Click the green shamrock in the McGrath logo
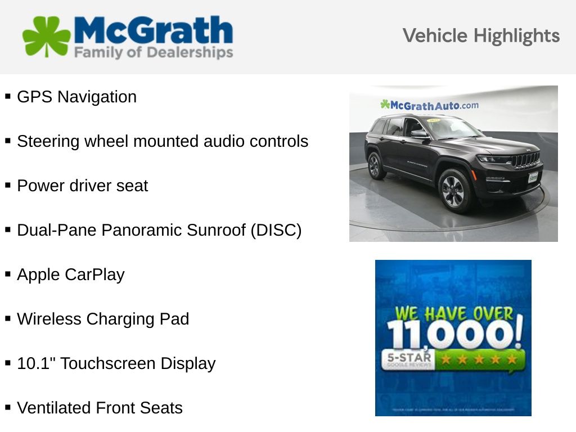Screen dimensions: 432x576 pyautogui.click(x=46, y=37)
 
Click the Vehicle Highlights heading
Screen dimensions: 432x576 pyautogui.click(x=481, y=36)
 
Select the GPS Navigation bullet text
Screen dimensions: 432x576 pyautogui.click(x=76, y=97)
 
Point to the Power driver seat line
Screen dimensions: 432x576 pyautogui.click(x=82, y=186)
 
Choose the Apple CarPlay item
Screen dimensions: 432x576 pyautogui.click(x=70, y=274)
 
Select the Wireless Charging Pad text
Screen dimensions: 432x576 pyautogui.click(x=103, y=319)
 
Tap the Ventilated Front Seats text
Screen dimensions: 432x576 pyautogui.click(x=100, y=408)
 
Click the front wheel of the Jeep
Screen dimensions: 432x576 pyautogui.click(x=453, y=190)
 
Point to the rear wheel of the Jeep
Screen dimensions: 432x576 pyautogui.click(x=375, y=166)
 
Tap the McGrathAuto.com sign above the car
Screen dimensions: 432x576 pyautogui.click(x=430, y=105)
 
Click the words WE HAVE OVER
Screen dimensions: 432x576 pyautogui.click(x=454, y=313)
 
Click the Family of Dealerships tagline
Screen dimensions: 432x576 pyautogui.click(x=154, y=53)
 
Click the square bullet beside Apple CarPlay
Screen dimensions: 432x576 pyautogui.click(x=8, y=274)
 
